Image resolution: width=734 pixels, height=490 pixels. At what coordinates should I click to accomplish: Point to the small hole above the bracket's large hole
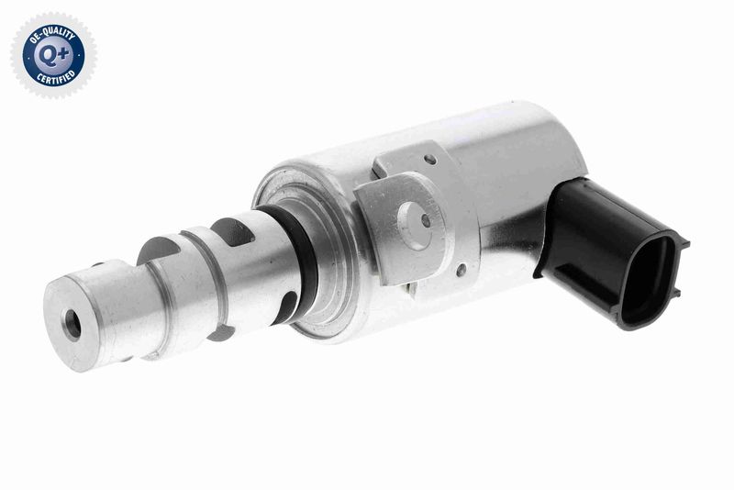tap(430, 161)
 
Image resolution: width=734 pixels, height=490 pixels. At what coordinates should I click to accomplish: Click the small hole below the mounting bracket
tap(460, 270)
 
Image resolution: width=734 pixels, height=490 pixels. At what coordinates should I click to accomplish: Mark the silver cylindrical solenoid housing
tap(514, 174)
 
